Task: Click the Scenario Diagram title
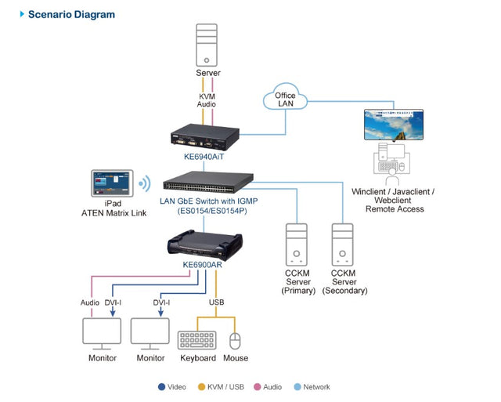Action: click(x=70, y=14)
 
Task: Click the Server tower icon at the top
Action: click(x=207, y=45)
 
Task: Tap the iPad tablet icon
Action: click(x=112, y=184)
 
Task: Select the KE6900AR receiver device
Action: click(x=206, y=242)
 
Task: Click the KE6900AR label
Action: click(x=205, y=265)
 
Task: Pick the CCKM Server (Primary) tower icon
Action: click(x=297, y=244)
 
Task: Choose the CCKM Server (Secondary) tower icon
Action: click(x=344, y=244)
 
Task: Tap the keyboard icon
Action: click(x=197, y=339)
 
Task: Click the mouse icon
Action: click(x=235, y=340)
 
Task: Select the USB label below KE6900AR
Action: click(x=217, y=302)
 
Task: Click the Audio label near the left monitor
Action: click(x=90, y=302)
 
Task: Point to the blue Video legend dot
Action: click(x=160, y=386)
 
